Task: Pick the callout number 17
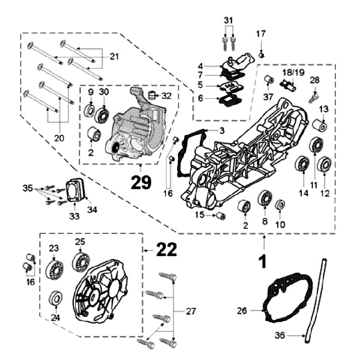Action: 261,34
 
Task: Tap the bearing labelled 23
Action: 53,270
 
